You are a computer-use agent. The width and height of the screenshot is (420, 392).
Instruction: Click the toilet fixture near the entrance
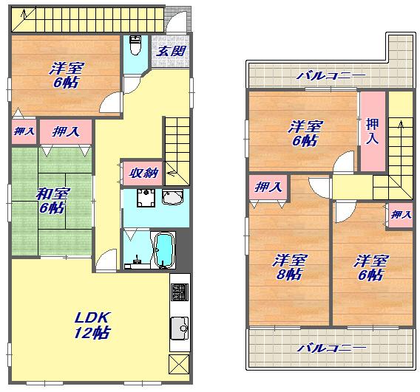tap(135, 46)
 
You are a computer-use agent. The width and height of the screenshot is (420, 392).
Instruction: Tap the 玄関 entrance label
tap(171, 51)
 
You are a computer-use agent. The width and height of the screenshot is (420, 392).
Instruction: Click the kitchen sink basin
tap(180, 329)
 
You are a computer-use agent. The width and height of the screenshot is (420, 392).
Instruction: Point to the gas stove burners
tap(180, 292)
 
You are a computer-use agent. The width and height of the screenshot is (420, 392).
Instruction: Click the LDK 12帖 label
tap(92, 325)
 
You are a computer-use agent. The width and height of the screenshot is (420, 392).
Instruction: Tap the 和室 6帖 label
tap(52, 201)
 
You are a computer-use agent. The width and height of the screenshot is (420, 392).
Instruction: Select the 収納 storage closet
tap(143, 173)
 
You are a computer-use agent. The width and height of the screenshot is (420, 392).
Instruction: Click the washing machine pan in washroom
tap(146, 198)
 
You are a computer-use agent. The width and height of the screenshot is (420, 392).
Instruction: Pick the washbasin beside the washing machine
tap(172, 197)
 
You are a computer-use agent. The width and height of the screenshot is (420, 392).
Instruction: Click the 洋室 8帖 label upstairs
tap(289, 267)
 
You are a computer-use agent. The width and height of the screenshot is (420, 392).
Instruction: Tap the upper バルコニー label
tap(331, 76)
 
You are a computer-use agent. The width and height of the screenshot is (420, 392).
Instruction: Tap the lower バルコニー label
tap(331, 348)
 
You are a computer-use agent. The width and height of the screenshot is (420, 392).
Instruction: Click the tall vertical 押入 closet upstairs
tap(373, 131)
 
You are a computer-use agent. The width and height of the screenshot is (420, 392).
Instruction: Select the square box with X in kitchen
tap(179, 364)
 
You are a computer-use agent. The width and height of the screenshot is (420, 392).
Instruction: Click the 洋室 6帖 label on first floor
tap(66, 75)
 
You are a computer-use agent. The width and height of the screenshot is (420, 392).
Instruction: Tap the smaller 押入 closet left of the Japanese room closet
tap(24, 131)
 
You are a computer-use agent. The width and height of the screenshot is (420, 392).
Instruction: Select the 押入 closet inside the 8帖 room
tap(268, 187)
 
